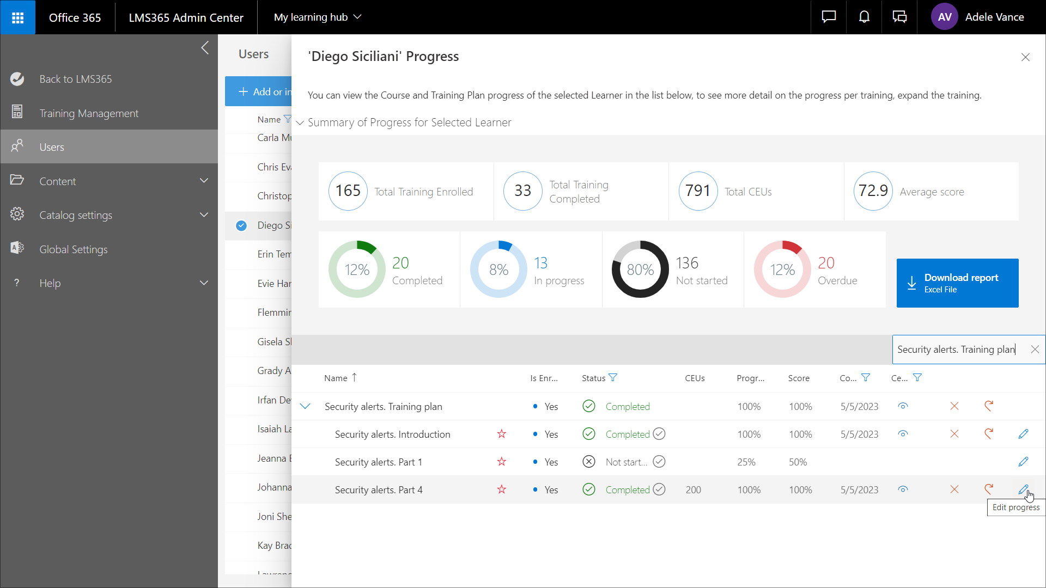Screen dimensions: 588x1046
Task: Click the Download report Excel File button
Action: click(x=957, y=283)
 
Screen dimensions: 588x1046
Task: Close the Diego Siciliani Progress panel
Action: click(x=1025, y=57)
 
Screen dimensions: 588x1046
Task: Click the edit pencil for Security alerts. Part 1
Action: click(x=1023, y=462)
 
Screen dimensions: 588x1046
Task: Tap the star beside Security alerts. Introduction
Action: click(x=502, y=434)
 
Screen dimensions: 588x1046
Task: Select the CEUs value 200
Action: click(x=693, y=489)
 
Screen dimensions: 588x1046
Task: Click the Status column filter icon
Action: click(x=613, y=378)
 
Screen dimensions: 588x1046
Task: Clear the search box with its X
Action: click(x=1035, y=350)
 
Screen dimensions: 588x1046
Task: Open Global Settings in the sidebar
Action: click(x=74, y=249)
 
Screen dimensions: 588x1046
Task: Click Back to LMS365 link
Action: click(x=75, y=79)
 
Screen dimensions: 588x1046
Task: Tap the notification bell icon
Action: click(x=864, y=17)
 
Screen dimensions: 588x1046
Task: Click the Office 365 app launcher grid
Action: click(x=17, y=17)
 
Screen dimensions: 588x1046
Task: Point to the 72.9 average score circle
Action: click(x=873, y=191)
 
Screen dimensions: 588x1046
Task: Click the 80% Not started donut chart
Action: click(x=640, y=269)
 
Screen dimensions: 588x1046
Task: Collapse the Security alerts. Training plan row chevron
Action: click(x=305, y=407)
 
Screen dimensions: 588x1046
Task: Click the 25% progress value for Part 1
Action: click(x=746, y=462)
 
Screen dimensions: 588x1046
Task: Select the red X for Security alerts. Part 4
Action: click(x=954, y=489)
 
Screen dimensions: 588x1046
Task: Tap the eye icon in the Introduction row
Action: click(x=903, y=434)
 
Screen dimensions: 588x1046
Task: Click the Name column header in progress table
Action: click(x=336, y=378)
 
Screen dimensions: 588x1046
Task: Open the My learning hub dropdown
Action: click(x=317, y=17)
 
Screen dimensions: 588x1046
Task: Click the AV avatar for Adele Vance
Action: click(x=945, y=17)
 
